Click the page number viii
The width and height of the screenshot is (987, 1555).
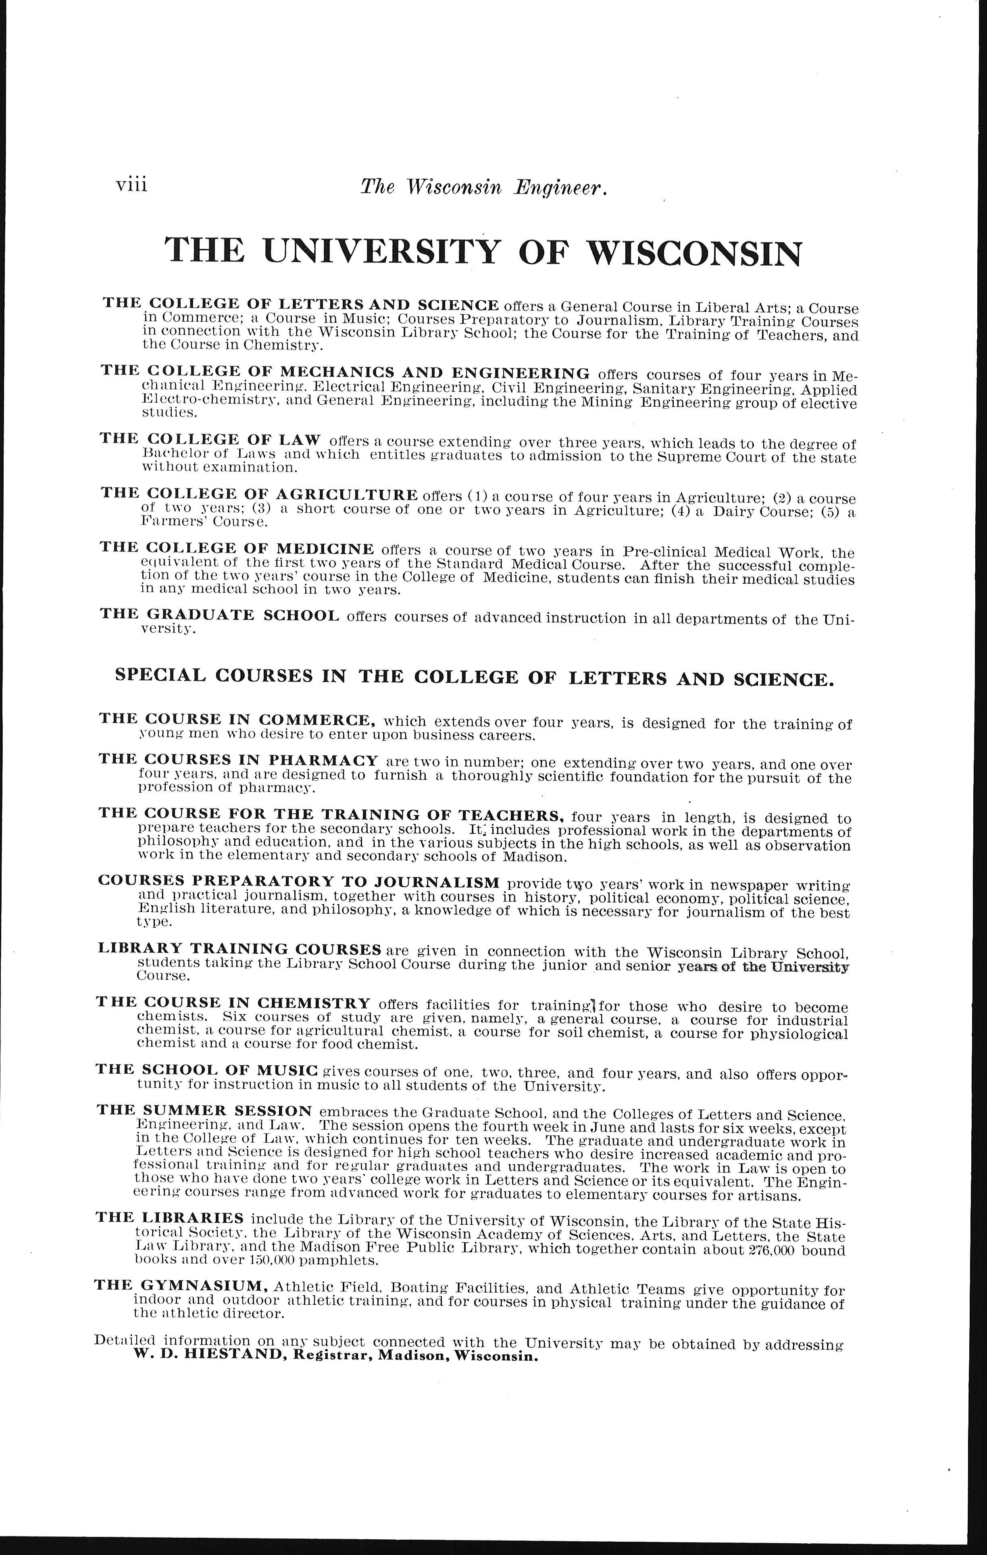pyautogui.click(x=132, y=185)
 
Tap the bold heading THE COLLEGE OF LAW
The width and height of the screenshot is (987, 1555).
pyautogui.click(x=210, y=439)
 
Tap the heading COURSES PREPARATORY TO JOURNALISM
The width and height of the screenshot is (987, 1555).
pyautogui.click(x=298, y=881)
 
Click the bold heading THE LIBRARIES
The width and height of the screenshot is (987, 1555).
pyautogui.click(x=169, y=1218)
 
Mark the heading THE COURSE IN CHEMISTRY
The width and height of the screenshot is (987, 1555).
pyautogui.click(x=233, y=1003)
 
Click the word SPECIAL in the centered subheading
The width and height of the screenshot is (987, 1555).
pyautogui.click(x=159, y=676)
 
